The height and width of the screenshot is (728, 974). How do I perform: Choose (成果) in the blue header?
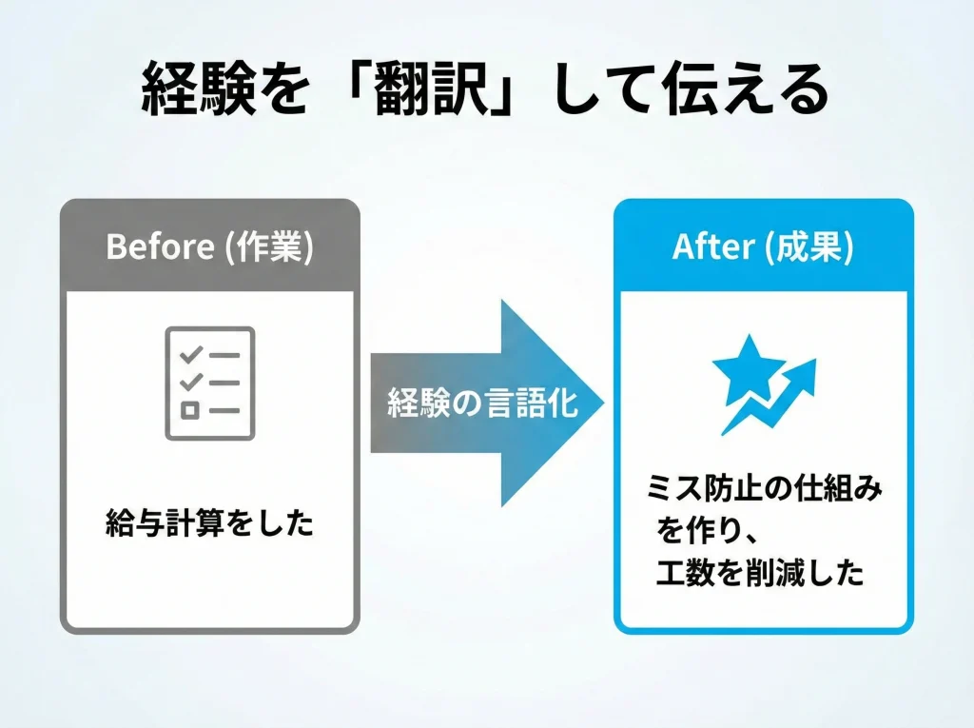(807, 247)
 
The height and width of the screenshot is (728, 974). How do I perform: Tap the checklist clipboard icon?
(210, 384)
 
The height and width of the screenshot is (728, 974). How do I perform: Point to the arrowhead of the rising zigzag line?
(806, 369)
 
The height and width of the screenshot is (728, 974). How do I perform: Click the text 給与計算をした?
(209, 523)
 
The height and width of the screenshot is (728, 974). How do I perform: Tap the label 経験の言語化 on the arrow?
(482, 403)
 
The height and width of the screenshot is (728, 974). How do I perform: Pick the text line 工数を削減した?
(761, 572)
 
